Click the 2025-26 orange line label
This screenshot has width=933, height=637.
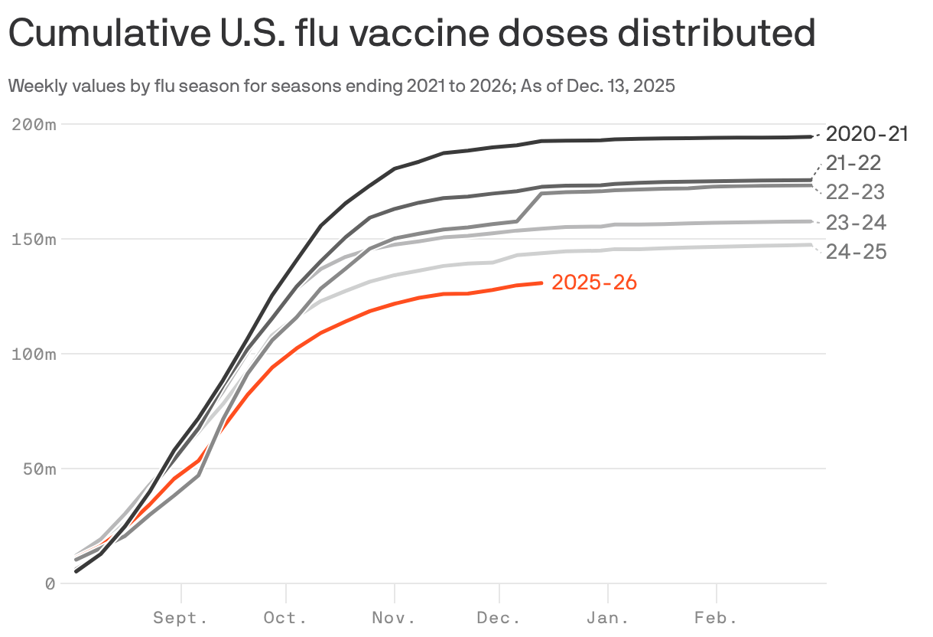(594, 283)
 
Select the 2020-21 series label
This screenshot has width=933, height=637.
(867, 134)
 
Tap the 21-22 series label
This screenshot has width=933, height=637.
(853, 162)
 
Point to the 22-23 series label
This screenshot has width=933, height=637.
(855, 192)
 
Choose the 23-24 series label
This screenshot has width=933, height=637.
(856, 223)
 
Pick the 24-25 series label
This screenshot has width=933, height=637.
(856, 251)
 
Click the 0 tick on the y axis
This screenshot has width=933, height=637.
(50, 583)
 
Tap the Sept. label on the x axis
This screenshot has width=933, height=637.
(180, 617)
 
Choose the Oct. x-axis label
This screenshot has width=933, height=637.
(285, 617)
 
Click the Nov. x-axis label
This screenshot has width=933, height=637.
(394, 617)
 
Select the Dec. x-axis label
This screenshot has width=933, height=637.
(499, 617)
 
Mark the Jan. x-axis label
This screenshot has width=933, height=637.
(607, 617)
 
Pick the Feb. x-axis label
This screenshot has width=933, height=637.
(716, 617)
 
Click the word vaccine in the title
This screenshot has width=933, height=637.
(369, 34)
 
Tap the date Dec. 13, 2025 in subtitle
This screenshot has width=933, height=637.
(621, 86)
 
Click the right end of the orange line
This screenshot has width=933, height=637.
(541, 283)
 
